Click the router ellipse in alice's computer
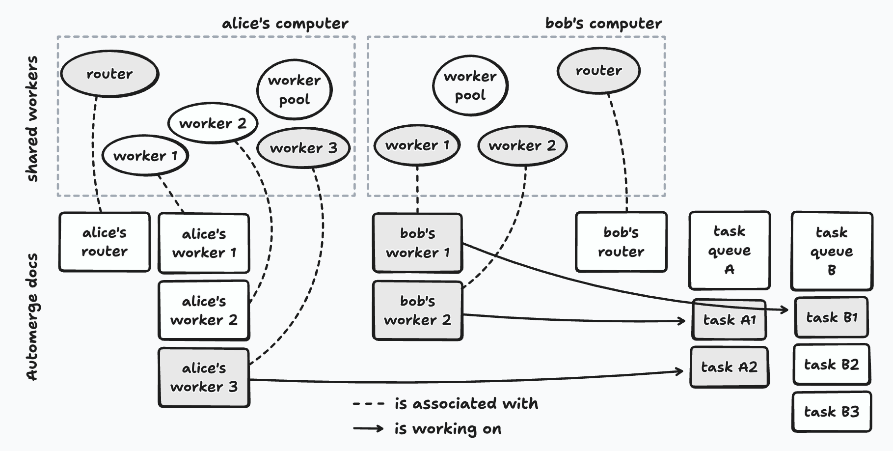coord(109,74)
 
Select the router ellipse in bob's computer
coord(598,71)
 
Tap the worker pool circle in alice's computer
coord(294,90)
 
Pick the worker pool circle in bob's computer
coord(470,86)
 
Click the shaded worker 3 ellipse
coord(303,148)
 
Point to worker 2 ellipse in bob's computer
coord(522,145)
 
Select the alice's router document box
coord(105,242)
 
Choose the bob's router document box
coord(621,242)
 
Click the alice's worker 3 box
coord(204,377)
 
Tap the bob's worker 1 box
coord(417,243)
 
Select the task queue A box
coord(729,250)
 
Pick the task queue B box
coord(831,251)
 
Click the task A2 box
coord(729,367)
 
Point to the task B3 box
coord(831,412)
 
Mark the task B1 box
coord(831,317)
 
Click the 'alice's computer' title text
coord(285,24)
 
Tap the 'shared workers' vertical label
coord(32,119)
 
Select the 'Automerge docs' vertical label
coord(32,317)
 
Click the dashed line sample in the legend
coord(368,404)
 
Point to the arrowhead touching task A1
coord(682,321)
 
